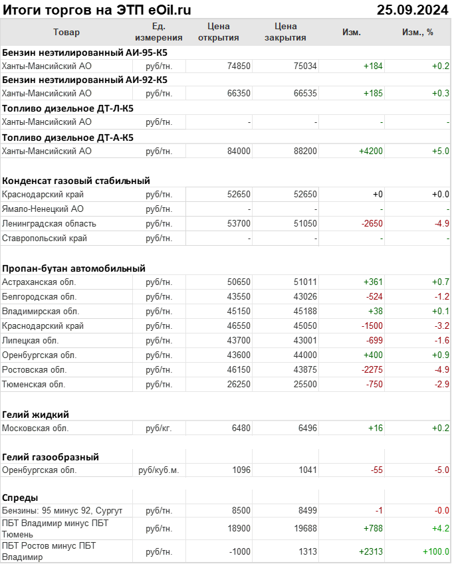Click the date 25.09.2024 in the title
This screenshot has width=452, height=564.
click(x=411, y=9)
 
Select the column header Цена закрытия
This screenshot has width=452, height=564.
click(x=285, y=32)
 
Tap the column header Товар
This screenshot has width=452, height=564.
click(x=66, y=32)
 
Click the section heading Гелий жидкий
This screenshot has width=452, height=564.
click(x=36, y=415)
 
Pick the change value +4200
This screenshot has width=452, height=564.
click(x=370, y=151)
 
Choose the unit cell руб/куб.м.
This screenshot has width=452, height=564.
click(x=159, y=470)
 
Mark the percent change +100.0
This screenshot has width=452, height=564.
click(x=436, y=551)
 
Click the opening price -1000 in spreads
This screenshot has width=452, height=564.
click(x=237, y=551)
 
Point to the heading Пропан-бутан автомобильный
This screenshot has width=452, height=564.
click(x=74, y=268)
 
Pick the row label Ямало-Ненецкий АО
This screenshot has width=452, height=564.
click(x=43, y=209)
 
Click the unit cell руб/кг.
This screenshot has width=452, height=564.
click(x=159, y=428)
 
